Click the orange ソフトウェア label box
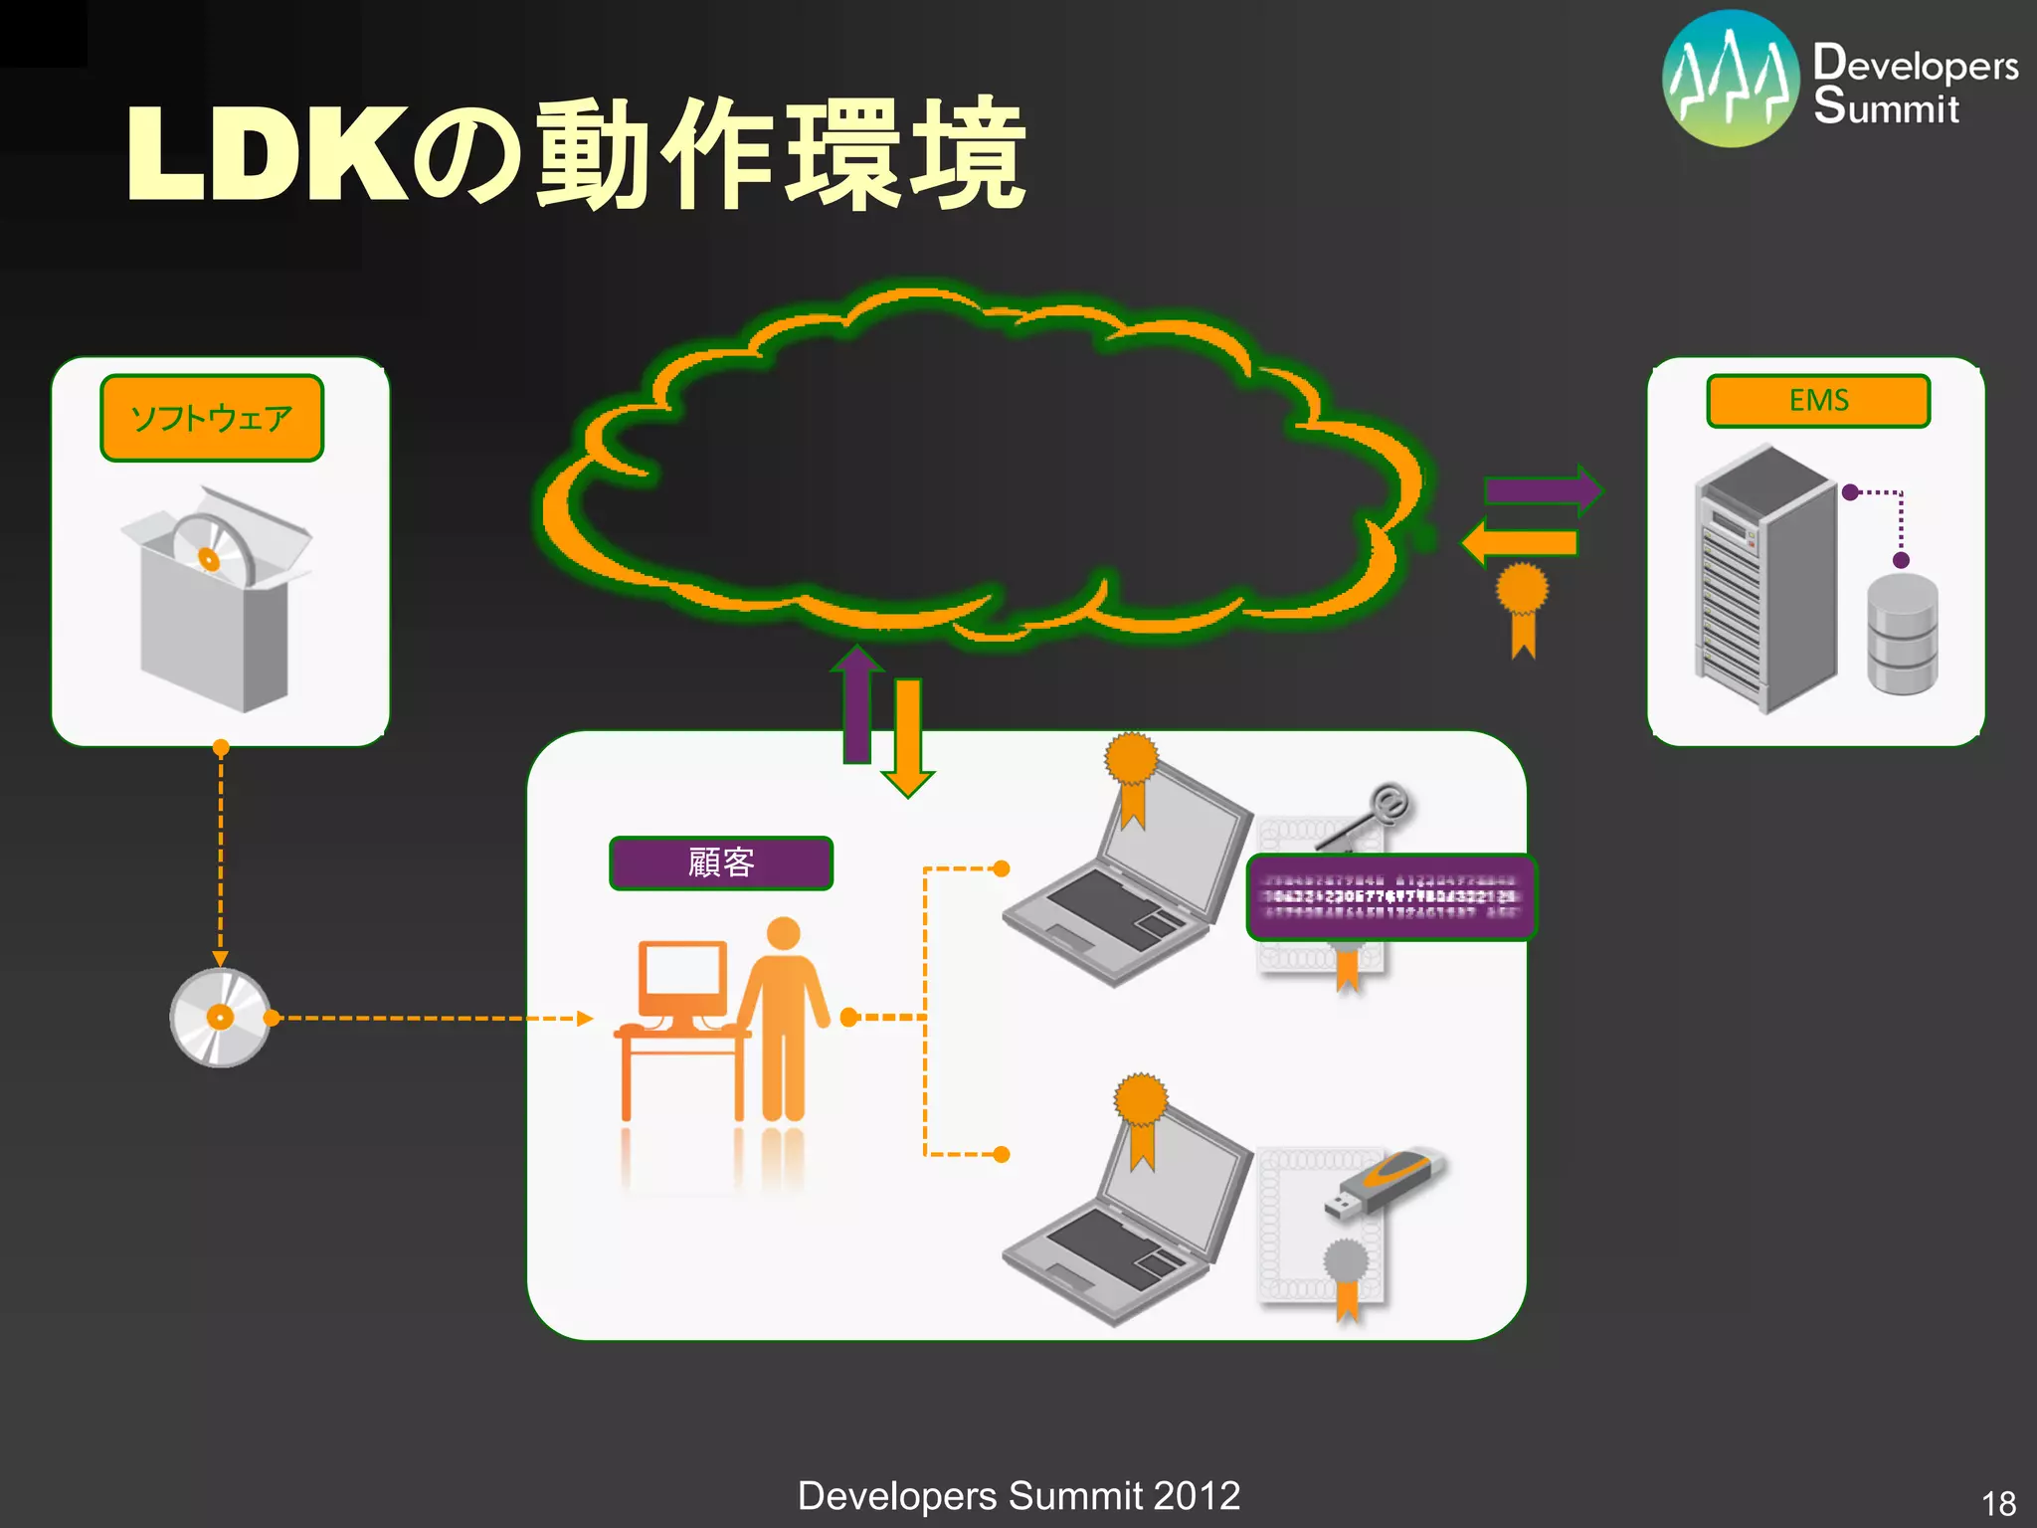[212, 418]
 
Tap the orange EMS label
[1818, 400]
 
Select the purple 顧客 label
[721, 862]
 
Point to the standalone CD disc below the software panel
[220, 1018]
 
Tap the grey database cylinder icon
[1902, 635]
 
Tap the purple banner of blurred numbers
[1390, 896]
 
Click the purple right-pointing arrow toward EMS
[1542, 489]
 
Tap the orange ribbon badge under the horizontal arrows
[1523, 607]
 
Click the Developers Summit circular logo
[1731, 79]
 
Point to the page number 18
[1998, 1502]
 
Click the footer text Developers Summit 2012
[1018, 1495]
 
